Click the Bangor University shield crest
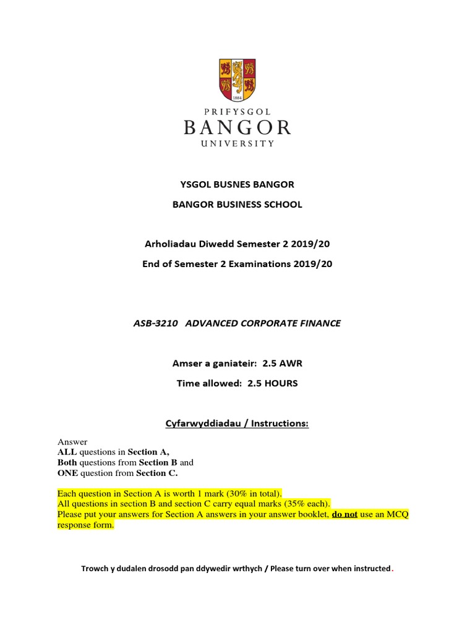click(237, 80)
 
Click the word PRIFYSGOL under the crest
click(237, 111)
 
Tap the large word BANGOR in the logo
click(237, 128)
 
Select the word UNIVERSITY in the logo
click(237, 143)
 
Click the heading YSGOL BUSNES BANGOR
click(237, 184)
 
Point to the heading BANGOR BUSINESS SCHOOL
click(237, 205)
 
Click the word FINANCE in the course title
click(319, 323)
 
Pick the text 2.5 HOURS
click(273, 383)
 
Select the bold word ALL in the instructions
click(67, 452)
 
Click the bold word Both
click(69, 462)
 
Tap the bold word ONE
click(67, 473)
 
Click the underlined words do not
click(345, 514)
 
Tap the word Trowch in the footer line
click(95, 569)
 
